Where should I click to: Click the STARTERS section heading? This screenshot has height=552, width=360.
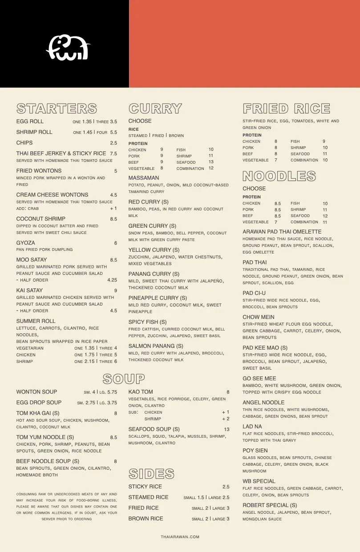click(x=57, y=109)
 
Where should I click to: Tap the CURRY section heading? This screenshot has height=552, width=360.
click(x=155, y=109)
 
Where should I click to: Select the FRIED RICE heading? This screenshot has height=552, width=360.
click(x=286, y=109)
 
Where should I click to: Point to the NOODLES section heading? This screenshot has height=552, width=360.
click(x=279, y=176)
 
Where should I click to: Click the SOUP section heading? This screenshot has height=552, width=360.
click(x=123, y=379)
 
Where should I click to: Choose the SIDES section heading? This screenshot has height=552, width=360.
click(x=151, y=473)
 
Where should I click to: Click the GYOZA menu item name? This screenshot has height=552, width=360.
click(x=25, y=243)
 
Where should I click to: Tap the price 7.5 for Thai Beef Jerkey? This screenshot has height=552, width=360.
click(x=113, y=153)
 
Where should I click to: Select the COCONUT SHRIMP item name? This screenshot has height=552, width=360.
click(x=40, y=219)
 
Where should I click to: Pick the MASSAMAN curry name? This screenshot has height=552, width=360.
click(x=143, y=178)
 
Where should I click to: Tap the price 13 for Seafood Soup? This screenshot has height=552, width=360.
click(x=227, y=429)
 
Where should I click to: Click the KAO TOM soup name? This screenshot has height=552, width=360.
click(x=140, y=392)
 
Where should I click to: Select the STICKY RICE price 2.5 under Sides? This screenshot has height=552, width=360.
click(x=226, y=487)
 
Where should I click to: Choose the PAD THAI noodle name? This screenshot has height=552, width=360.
click(x=255, y=262)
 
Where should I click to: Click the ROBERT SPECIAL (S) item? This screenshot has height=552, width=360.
click(x=270, y=505)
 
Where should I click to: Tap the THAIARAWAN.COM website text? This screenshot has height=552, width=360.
click(x=180, y=537)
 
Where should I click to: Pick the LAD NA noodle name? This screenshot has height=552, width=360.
click(x=252, y=427)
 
